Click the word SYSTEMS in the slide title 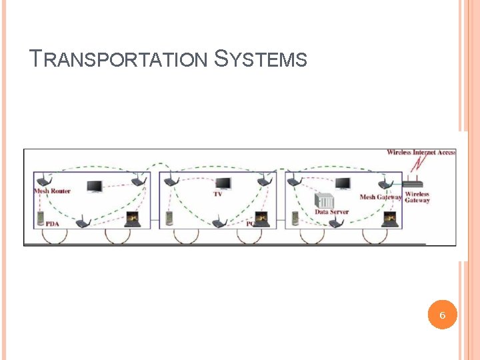coord(261,59)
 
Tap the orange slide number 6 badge coord(443,315)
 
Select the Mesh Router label coord(52,191)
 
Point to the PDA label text coord(52,224)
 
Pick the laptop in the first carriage coord(133,219)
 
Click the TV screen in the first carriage coord(94,187)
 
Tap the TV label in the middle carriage coord(218,194)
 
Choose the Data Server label coord(331,212)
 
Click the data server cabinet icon coord(325,200)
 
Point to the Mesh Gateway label coord(380,197)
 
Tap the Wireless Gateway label coord(417,197)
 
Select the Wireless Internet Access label coord(421,152)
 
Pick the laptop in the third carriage coord(388,219)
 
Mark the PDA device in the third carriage coord(295,217)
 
